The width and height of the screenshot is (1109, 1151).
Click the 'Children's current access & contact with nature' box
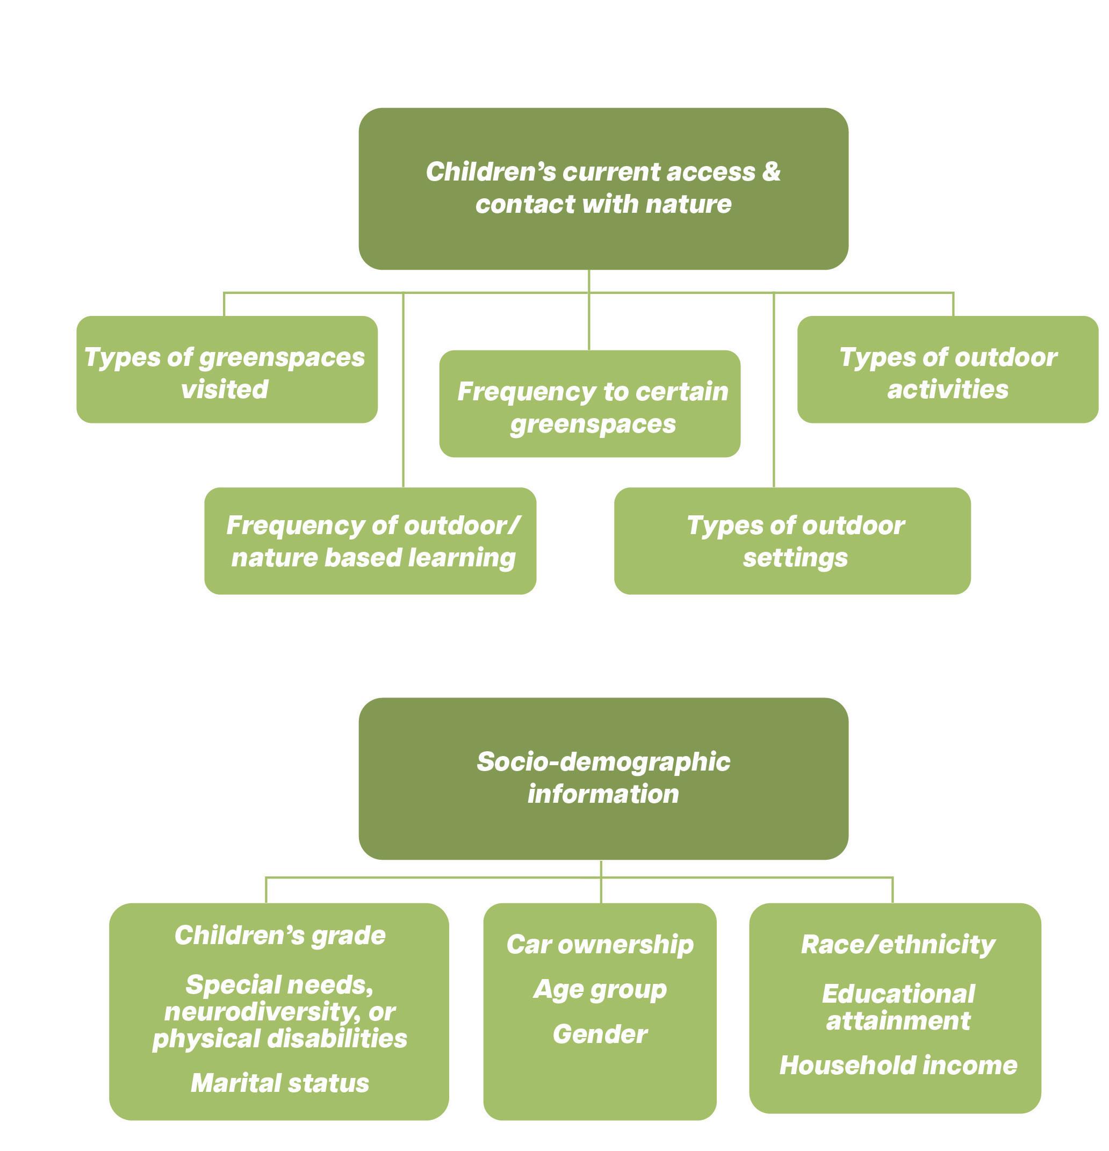click(x=603, y=188)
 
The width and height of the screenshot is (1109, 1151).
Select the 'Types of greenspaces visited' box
click(x=227, y=369)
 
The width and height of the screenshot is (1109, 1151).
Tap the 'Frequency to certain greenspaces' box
click(x=589, y=404)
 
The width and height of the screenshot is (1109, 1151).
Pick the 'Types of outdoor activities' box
click(x=947, y=369)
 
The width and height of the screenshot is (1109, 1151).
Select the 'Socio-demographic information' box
click(x=603, y=778)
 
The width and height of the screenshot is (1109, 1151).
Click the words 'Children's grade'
click(x=280, y=935)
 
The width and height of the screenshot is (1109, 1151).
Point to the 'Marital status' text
click(x=280, y=1082)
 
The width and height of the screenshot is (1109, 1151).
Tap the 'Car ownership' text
click(x=600, y=944)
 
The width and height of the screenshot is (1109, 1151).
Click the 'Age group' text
click(x=600, y=989)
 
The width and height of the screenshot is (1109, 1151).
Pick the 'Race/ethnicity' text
click(x=898, y=944)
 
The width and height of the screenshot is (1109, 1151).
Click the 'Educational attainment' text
click(x=898, y=1006)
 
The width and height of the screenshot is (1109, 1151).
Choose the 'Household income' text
click(x=898, y=1064)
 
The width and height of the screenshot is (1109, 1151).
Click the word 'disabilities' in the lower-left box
click(x=337, y=1038)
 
